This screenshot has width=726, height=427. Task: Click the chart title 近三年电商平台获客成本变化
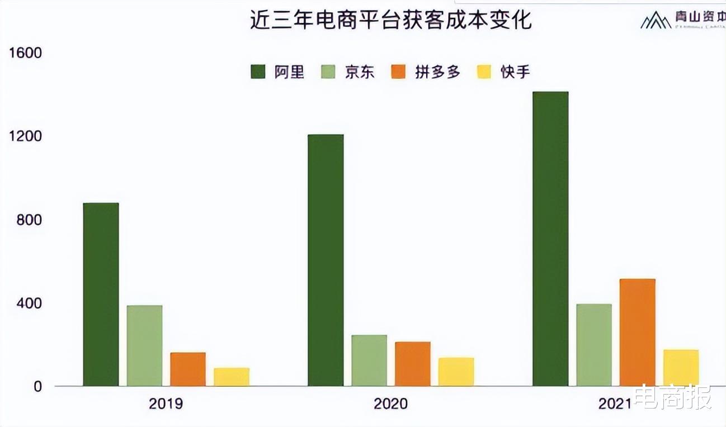pos(390,21)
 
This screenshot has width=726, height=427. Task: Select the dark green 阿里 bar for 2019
pos(101,295)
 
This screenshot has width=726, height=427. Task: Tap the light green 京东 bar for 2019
pos(144,345)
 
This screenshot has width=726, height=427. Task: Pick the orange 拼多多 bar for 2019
pos(188,369)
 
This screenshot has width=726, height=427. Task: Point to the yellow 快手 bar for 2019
pos(232,377)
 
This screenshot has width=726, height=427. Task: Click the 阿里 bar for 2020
pos(326,260)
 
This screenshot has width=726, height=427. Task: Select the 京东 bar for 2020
pos(369,360)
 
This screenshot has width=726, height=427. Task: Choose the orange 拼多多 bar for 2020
pos(413,364)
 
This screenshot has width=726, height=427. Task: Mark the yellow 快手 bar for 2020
pos(456,372)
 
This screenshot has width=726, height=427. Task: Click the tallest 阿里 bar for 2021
pos(550,239)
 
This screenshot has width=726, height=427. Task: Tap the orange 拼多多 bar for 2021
pos(637,333)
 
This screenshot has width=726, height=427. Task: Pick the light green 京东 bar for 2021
pos(594,345)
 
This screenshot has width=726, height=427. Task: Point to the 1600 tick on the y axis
pos(23,53)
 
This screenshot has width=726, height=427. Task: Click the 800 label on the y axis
pos(28,220)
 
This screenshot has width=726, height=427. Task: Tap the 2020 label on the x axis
pos(391,404)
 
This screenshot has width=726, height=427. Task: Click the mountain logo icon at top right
pos(656,21)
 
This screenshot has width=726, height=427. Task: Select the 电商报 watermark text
pos(675,397)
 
